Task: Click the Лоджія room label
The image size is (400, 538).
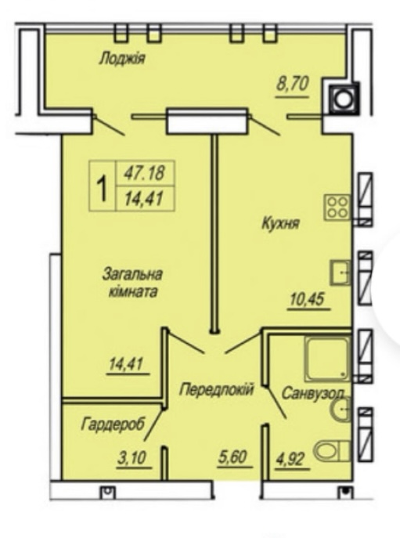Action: tap(122, 58)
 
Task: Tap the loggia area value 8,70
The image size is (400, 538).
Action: tap(293, 84)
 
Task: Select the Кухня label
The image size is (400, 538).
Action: tap(280, 223)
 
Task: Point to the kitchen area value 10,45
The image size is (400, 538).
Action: tap(307, 299)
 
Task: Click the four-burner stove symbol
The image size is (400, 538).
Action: tap(337, 208)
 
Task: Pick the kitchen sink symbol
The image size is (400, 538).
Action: tap(341, 273)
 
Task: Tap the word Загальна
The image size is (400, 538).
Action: tap(132, 275)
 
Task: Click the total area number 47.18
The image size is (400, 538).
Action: tap(145, 172)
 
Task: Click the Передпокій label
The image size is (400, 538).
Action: tap(217, 389)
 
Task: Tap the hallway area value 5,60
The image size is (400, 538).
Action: tap(233, 457)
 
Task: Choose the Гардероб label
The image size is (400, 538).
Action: tap(114, 424)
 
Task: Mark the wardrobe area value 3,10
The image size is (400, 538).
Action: tap(132, 457)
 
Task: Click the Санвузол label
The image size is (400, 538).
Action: tap(312, 394)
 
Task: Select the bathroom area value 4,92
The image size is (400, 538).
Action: tap(289, 459)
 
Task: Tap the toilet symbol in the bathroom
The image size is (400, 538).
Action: tap(332, 450)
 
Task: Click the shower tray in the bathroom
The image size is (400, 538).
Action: tap(328, 359)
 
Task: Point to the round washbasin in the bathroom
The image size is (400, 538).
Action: tap(341, 410)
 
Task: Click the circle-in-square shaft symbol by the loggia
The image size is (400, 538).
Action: tap(344, 99)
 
